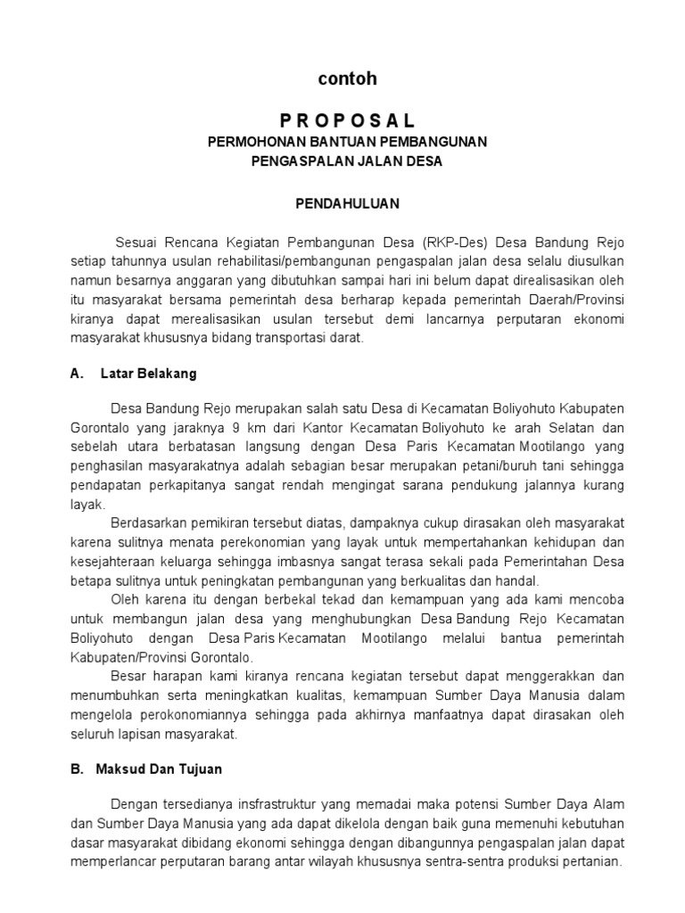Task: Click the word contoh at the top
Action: pyautogui.click(x=347, y=79)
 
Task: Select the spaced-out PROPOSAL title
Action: pyautogui.click(x=347, y=121)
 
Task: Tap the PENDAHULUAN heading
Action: pyautogui.click(x=347, y=203)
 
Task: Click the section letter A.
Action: pyautogui.click(x=76, y=374)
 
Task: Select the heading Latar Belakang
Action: pyautogui.click(x=149, y=374)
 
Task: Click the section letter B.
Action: pyautogui.click(x=76, y=768)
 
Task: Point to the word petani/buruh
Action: pyautogui.click(x=504, y=465)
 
